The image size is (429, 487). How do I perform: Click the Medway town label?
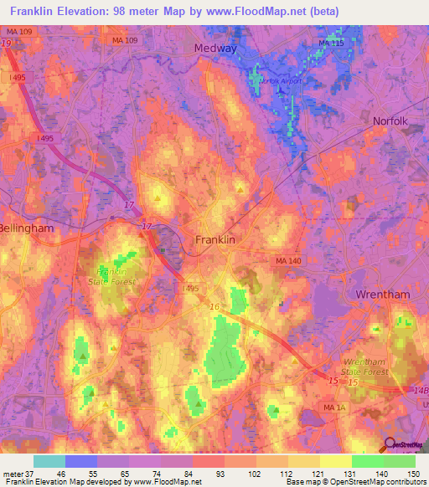215,49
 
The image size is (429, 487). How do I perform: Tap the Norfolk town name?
390,120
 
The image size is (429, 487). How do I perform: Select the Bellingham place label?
26,228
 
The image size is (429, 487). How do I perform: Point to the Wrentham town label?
382,296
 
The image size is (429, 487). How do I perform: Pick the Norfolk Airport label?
280,81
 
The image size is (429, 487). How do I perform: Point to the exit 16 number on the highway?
214,308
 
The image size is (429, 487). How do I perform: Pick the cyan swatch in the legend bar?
49,461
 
